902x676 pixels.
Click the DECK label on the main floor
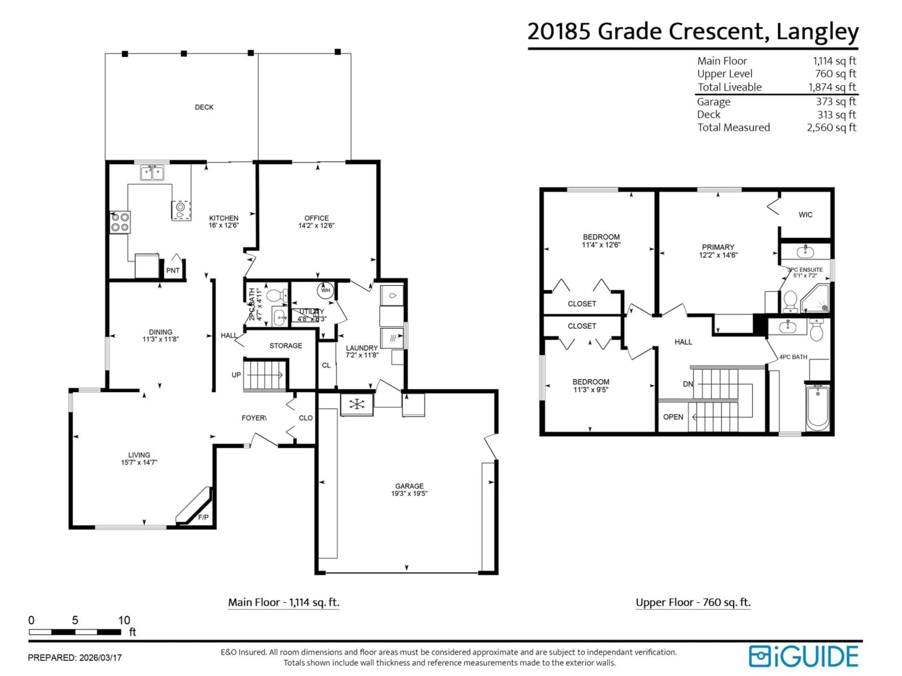pyautogui.click(x=204, y=107)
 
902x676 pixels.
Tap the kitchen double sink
pyautogui.click(x=152, y=173)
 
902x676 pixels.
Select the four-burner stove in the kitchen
pyautogui.click(x=120, y=223)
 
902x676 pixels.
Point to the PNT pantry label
pyautogui.click(x=173, y=271)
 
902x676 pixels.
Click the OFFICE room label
pyautogui.click(x=316, y=218)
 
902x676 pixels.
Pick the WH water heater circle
pyautogui.click(x=325, y=290)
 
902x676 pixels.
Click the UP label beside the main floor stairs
pyautogui.click(x=236, y=375)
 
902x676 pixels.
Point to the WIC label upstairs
pyautogui.click(x=805, y=215)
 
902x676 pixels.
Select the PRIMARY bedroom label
pyautogui.click(x=718, y=247)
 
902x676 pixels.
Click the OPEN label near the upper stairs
pyautogui.click(x=673, y=417)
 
